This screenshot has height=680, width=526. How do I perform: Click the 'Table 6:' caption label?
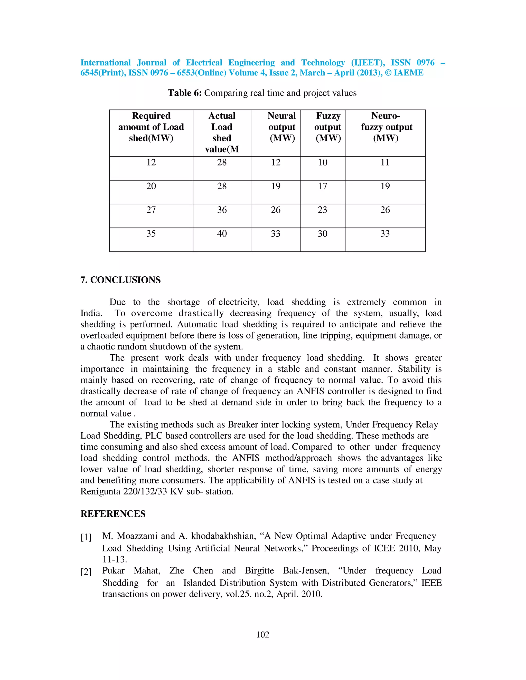point(184,93)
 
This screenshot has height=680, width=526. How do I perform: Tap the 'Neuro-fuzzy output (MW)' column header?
point(386,127)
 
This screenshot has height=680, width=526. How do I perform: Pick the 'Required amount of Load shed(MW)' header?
point(151,127)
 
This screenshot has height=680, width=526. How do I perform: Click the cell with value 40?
point(222,234)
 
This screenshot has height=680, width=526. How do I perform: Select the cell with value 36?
point(222,210)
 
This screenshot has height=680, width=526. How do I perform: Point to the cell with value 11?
point(385,162)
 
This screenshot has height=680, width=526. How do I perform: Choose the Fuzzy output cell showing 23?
point(323,210)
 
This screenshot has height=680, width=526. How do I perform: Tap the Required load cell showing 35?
point(151,234)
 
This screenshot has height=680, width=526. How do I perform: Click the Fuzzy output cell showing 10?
point(323,162)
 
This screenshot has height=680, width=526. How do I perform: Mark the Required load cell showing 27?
point(151,210)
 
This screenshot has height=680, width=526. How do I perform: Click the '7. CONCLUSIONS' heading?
point(121,280)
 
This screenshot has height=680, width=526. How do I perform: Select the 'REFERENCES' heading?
point(113,514)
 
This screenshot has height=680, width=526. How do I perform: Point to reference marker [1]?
point(86,537)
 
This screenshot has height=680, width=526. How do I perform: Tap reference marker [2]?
point(86,572)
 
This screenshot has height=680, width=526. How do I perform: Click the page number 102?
point(263,635)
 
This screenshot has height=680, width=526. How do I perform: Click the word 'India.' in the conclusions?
point(91,313)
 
